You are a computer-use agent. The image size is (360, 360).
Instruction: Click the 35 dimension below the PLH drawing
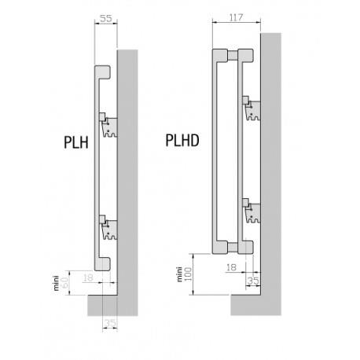109,323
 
